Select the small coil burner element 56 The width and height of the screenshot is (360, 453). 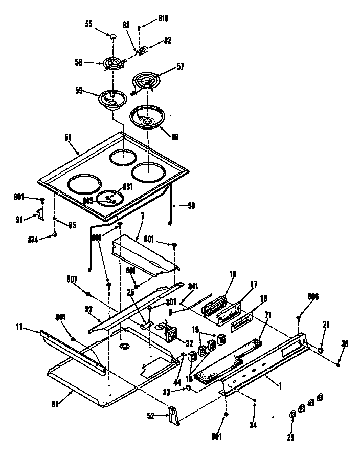coord(113,63)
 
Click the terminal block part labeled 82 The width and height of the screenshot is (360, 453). coord(144,51)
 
